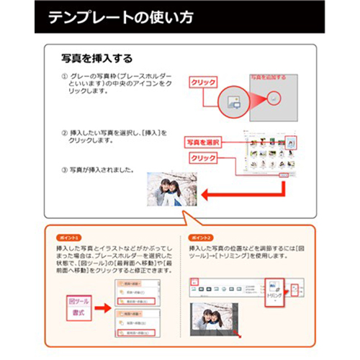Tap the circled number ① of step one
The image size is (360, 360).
pos(65,75)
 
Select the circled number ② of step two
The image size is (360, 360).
pos(65,132)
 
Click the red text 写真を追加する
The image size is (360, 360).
pos(269,76)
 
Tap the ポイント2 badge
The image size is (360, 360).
pos(201,237)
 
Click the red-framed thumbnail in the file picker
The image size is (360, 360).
pos(290,143)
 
